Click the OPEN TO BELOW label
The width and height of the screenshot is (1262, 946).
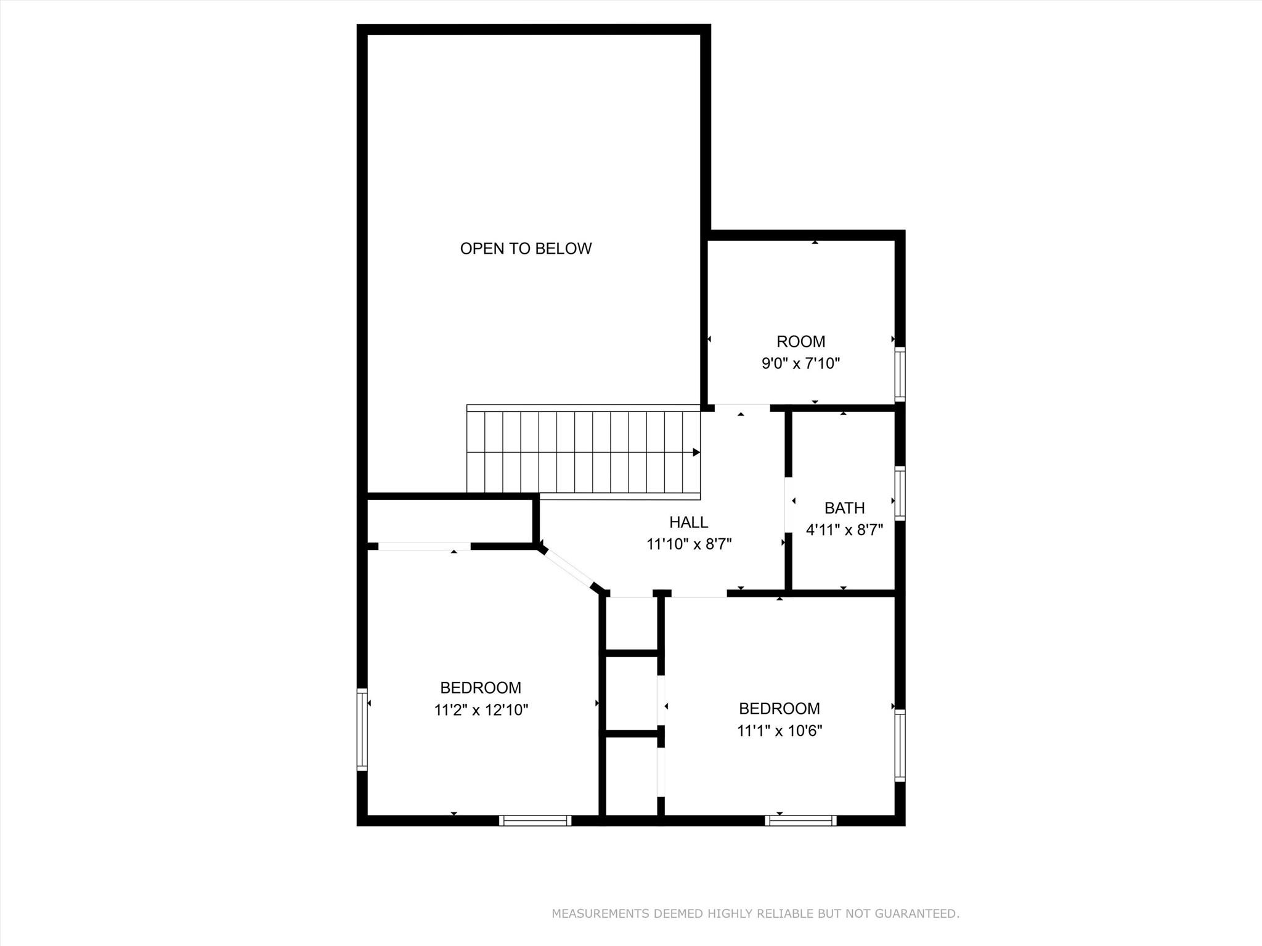(x=526, y=248)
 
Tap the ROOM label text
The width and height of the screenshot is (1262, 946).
(x=800, y=341)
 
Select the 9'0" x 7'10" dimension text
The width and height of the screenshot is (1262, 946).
(x=800, y=363)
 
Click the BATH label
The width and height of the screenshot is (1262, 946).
(x=844, y=508)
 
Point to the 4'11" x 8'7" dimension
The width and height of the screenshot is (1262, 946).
(x=844, y=530)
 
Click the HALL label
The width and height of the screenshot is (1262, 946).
(x=688, y=522)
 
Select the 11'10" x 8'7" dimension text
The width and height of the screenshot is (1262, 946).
(x=688, y=544)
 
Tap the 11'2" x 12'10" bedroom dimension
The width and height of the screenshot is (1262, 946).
(x=481, y=710)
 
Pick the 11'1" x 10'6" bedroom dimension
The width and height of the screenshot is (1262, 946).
(x=780, y=731)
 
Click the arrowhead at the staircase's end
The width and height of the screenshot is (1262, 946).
(x=696, y=453)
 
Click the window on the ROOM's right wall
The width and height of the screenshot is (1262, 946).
(x=900, y=374)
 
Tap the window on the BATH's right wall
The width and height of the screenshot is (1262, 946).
(x=900, y=493)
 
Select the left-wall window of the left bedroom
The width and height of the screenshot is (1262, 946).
(x=362, y=729)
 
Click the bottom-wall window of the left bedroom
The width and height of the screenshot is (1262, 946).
(x=535, y=820)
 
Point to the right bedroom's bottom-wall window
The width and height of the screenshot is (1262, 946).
(x=800, y=820)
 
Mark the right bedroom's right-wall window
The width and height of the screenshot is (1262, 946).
(x=900, y=745)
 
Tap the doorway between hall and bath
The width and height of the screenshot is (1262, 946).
(x=788, y=504)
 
